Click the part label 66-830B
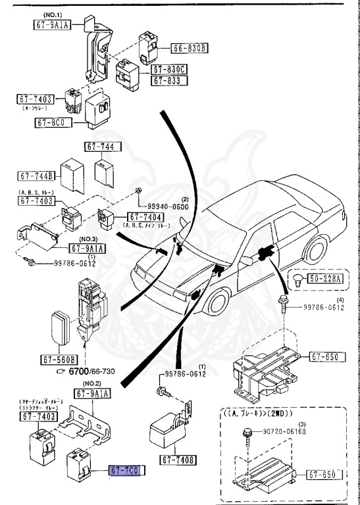tap(190, 48)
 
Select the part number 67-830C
tap(170, 69)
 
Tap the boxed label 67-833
tap(170, 80)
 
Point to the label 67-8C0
tap(53, 122)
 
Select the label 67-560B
tap(59, 360)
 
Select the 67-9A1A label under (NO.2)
tap(92, 393)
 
